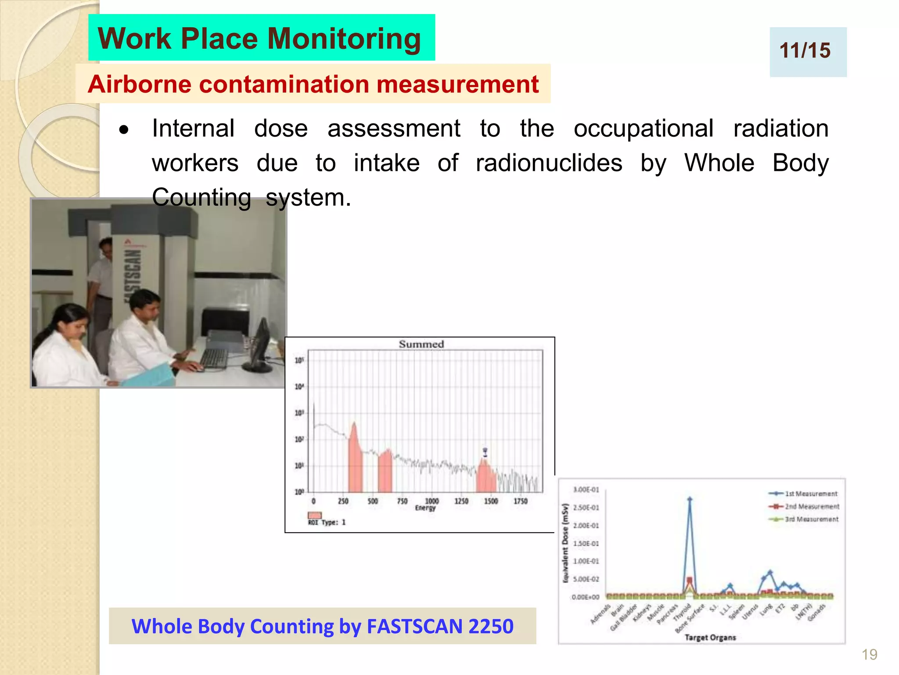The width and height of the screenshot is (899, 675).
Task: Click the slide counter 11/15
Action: click(805, 51)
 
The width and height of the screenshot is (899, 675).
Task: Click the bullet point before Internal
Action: click(124, 130)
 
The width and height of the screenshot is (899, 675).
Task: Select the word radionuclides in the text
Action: click(549, 163)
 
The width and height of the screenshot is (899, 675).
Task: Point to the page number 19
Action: click(869, 654)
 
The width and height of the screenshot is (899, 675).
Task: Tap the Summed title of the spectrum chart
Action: click(421, 344)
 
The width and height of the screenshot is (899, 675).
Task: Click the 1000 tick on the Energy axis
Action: click(432, 501)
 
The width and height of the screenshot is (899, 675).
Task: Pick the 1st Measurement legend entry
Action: click(803, 494)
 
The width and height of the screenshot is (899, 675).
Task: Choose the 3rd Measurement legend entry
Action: click(803, 519)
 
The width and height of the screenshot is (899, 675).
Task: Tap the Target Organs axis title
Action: click(710, 637)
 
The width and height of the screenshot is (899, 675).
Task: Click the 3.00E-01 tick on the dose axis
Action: click(586, 490)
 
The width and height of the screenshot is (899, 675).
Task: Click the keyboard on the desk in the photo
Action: click(214, 358)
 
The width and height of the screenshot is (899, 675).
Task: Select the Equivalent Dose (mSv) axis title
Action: click(565, 543)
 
